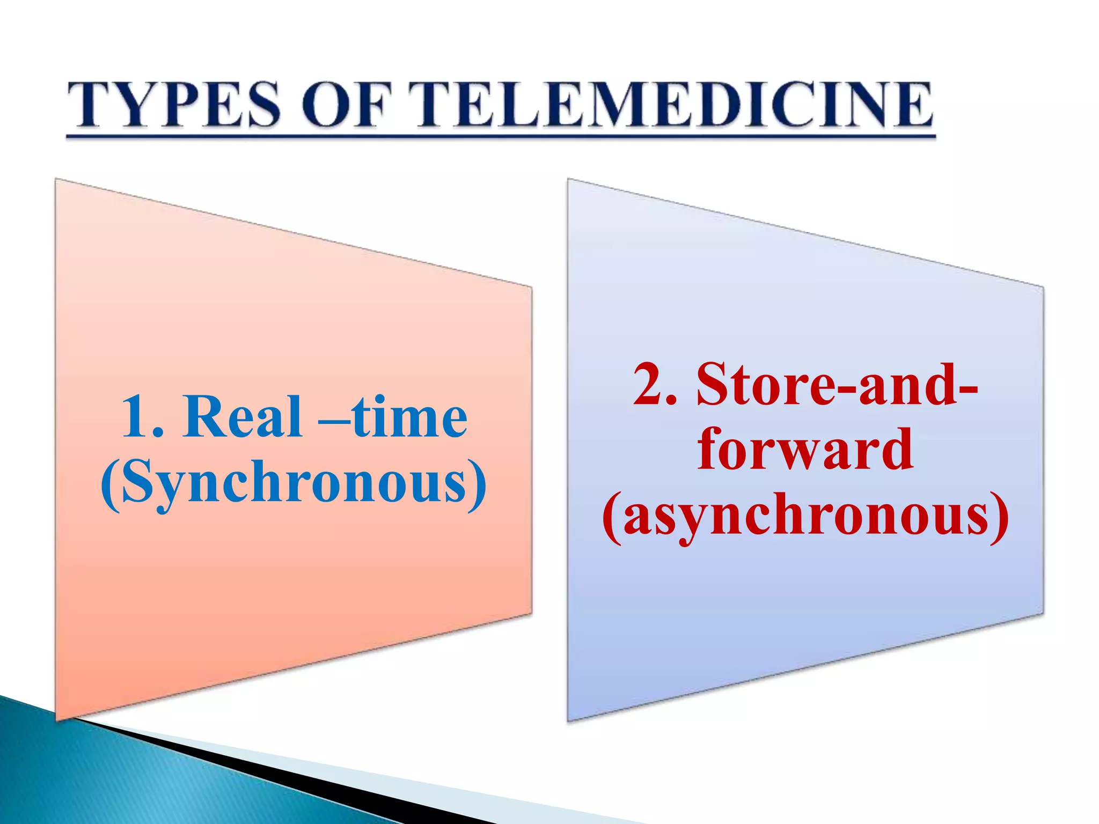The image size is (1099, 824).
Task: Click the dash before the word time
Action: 334,421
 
